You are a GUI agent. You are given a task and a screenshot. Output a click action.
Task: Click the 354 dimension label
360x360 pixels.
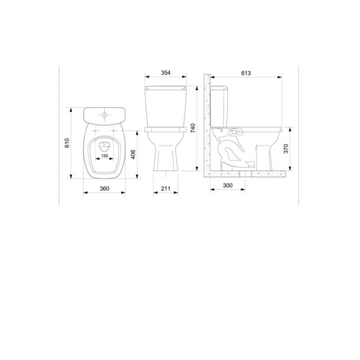166,73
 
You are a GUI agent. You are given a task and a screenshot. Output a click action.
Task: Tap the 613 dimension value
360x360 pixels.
246,73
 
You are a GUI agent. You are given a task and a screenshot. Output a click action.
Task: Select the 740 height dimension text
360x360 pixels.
193,128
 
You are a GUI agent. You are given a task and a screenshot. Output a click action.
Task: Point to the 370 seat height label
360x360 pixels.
286,149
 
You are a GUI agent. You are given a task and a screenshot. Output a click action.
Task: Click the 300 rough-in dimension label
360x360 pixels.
228,185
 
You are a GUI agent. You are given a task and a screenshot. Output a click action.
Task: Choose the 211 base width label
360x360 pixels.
166,188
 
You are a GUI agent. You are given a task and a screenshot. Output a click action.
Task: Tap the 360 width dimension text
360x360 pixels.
104,188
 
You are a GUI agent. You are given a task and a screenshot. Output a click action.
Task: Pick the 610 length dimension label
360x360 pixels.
67,143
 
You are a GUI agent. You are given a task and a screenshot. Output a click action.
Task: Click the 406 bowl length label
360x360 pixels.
133,154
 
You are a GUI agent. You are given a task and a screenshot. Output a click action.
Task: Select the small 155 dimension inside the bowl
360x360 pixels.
104,156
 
